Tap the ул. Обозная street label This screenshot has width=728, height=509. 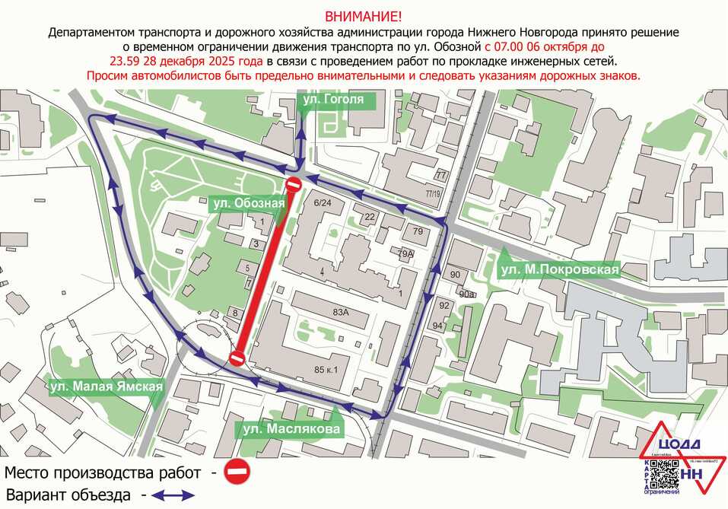pyautogui.click(x=249, y=203)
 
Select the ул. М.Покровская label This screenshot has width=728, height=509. pyautogui.click(x=560, y=269)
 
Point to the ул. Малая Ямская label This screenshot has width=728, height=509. pyautogui.click(x=106, y=387)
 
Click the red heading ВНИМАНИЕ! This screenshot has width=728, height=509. pyautogui.click(x=364, y=17)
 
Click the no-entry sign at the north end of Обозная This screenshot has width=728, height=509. pyautogui.click(x=294, y=185)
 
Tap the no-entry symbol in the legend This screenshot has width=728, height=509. pyautogui.click(x=238, y=472)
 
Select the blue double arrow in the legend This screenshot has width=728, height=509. pyautogui.click(x=173, y=495)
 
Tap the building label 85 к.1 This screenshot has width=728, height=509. pyautogui.click(x=325, y=370)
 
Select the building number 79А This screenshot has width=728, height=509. pyautogui.click(x=405, y=254)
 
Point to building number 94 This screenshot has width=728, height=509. pyautogui.click(x=437, y=326)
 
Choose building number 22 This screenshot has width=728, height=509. pyautogui.click(x=370, y=218)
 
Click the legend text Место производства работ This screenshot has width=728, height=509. pyautogui.click(x=106, y=472)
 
